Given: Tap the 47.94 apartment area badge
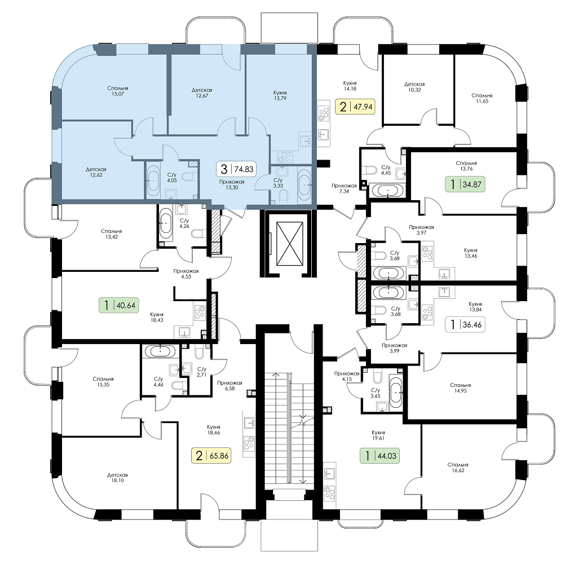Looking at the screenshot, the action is click(355, 107).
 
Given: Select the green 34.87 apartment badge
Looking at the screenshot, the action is click(465, 184).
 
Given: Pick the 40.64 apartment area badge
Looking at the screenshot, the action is click(120, 305).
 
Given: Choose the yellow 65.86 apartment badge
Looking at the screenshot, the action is click(211, 456).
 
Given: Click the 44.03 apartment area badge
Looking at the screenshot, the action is click(380, 456).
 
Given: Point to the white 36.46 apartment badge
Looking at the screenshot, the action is click(465, 324).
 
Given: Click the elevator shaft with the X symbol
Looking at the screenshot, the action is click(290, 243).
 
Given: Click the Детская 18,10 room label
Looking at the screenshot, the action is click(117, 478).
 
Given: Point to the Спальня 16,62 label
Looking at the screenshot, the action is click(458, 468).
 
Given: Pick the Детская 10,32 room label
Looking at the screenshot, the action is click(415, 87).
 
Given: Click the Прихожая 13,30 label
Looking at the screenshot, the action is click(232, 184).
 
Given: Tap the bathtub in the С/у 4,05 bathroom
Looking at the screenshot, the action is click(153, 181).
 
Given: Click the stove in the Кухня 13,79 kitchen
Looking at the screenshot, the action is click(284, 157).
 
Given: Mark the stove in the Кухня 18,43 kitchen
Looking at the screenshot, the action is click(200, 313).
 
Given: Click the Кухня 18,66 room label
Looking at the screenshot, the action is click(214, 430).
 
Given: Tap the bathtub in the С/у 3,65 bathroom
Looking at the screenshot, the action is click(396, 391).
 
